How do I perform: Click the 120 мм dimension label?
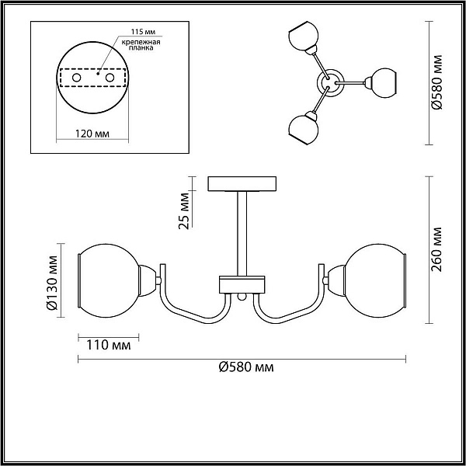coord(92,134)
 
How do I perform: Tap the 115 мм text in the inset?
coord(144,32)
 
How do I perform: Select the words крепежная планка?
coord(141,45)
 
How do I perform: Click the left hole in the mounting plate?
coord(77,78)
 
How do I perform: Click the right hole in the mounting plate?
coord(110,78)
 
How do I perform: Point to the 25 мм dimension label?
coord(184,211)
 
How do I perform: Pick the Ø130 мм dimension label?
coord(52,283)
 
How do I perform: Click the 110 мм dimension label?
coord(109,346)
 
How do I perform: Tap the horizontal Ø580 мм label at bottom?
coord(246,367)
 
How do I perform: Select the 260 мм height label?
coord(436,249)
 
